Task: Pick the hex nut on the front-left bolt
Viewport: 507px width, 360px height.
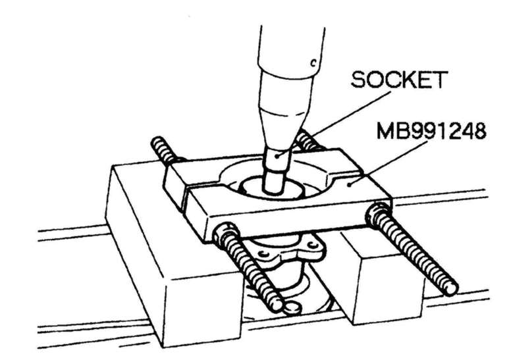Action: click(225, 232)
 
